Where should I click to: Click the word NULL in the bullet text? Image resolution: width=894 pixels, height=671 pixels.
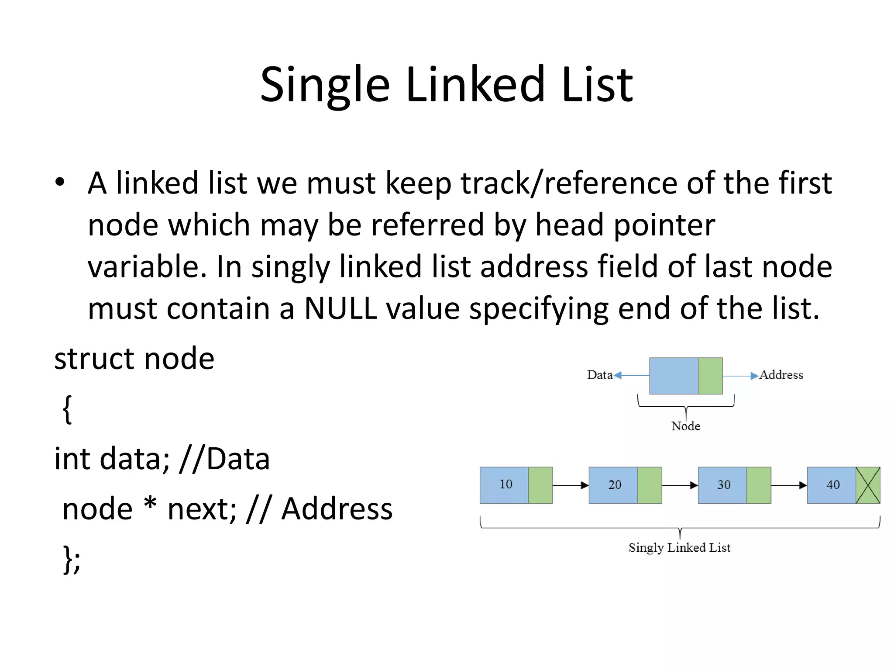click(x=340, y=308)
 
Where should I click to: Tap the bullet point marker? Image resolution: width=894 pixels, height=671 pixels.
click(x=60, y=182)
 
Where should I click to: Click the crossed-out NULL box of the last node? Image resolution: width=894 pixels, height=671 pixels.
click(x=868, y=485)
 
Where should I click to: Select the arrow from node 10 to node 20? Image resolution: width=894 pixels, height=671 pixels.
click(x=571, y=485)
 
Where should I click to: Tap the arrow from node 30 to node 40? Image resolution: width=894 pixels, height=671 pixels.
click(x=789, y=485)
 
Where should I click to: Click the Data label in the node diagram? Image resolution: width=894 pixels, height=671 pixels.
click(x=599, y=375)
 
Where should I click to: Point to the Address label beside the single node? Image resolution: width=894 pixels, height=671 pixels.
click(x=781, y=375)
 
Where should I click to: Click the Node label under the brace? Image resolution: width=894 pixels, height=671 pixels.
click(x=685, y=426)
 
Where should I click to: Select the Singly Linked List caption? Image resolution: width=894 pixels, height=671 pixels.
click(x=679, y=547)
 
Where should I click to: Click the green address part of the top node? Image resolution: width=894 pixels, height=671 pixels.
click(x=710, y=376)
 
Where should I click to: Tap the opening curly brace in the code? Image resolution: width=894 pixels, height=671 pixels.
click(x=67, y=409)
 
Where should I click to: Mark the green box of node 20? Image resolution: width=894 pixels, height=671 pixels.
click(x=650, y=485)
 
